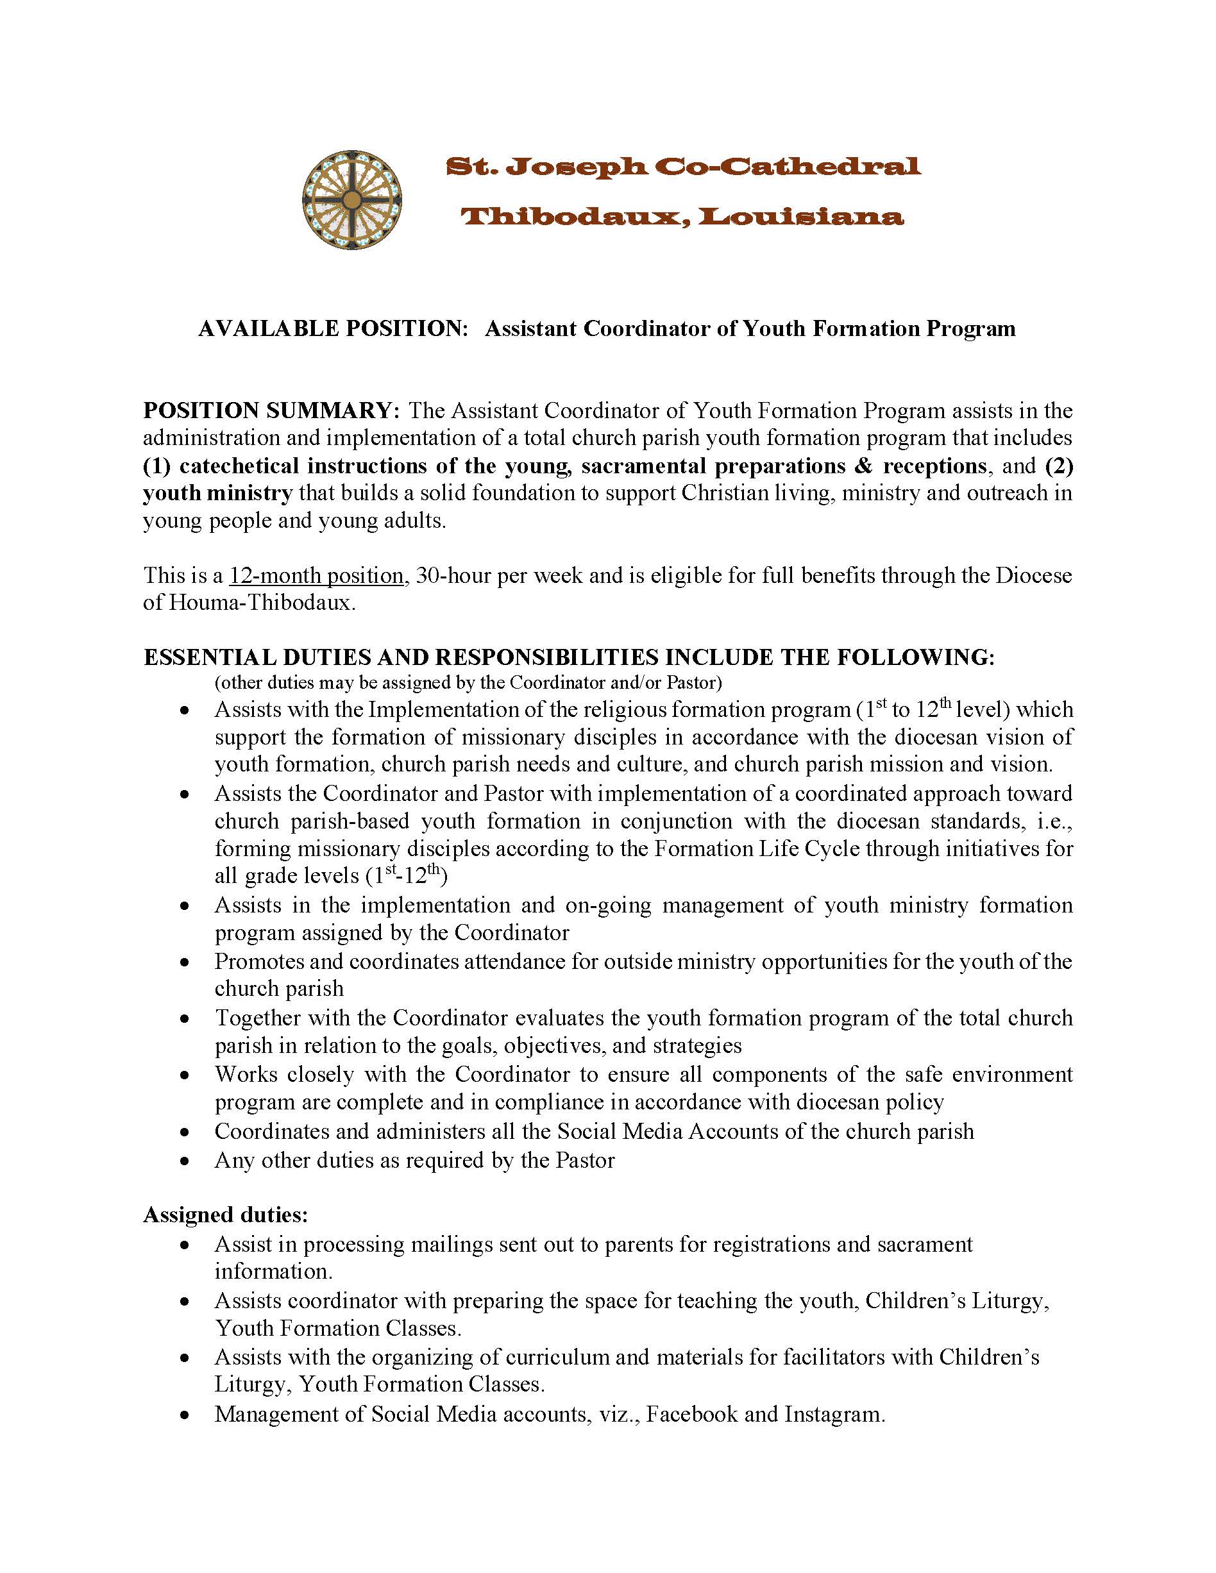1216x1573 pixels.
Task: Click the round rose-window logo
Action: tap(351, 199)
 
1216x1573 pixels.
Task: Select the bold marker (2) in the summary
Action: tap(1059, 466)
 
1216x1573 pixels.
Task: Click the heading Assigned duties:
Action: tap(226, 1215)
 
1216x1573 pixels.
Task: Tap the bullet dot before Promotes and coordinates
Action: tap(185, 963)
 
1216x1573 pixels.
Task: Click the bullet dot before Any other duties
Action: tap(185, 1161)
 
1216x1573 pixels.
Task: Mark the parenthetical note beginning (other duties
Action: tap(468, 682)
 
